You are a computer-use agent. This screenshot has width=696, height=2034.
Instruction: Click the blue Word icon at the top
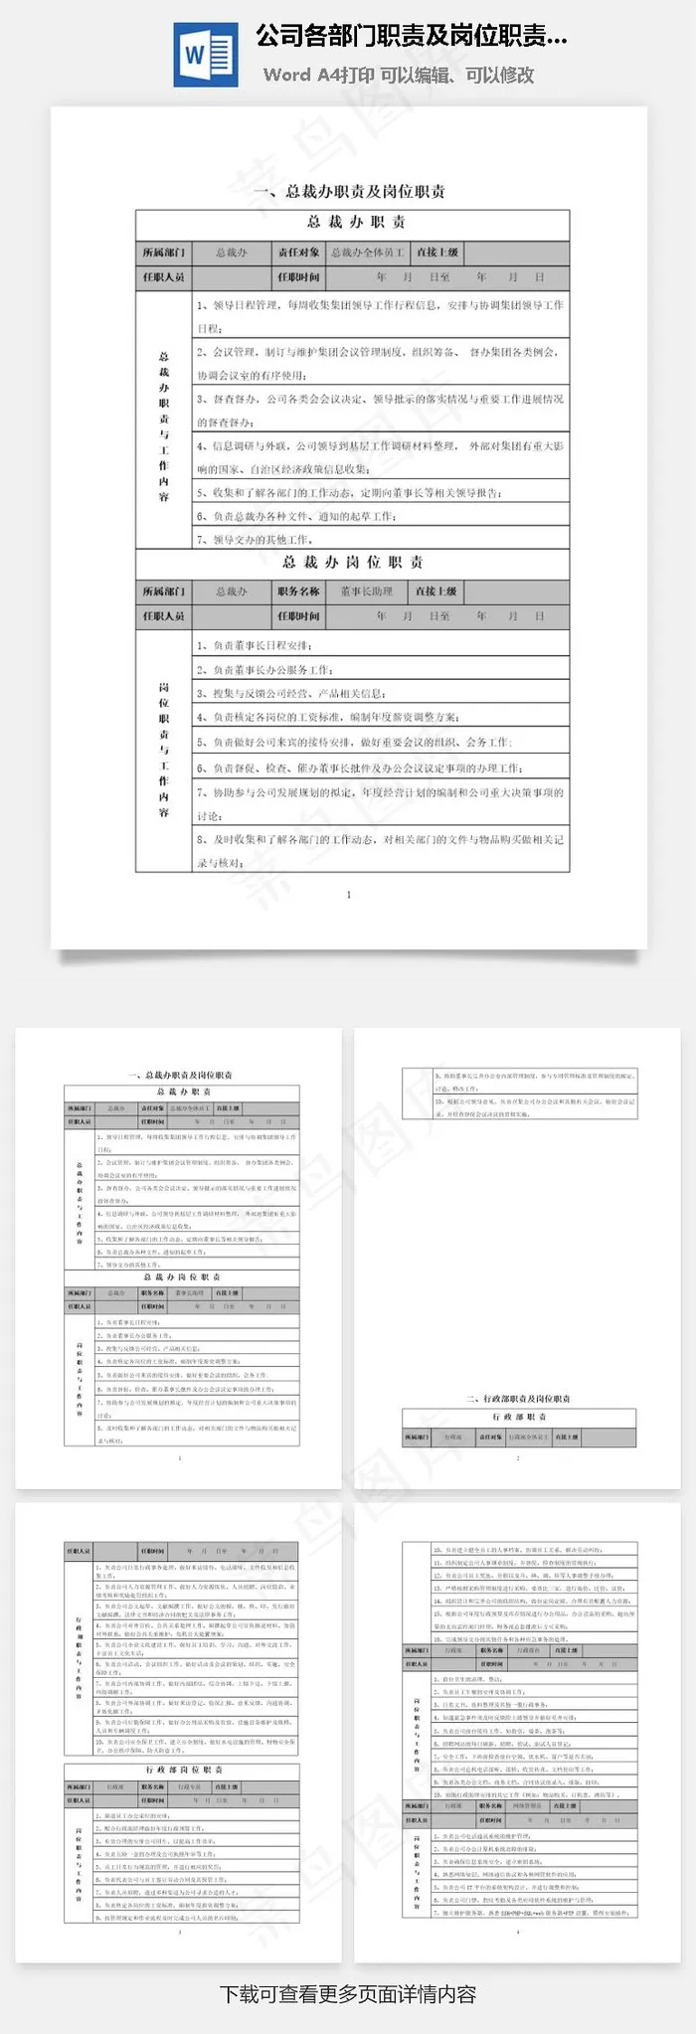[206, 55]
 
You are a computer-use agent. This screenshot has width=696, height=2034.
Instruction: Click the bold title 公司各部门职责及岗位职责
[412, 38]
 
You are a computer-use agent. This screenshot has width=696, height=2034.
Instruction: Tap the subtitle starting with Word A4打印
[399, 75]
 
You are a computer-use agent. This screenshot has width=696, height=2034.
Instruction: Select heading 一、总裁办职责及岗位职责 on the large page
[349, 191]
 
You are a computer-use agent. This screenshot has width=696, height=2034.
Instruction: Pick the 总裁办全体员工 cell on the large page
[368, 253]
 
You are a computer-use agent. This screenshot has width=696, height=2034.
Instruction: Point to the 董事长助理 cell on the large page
[367, 592]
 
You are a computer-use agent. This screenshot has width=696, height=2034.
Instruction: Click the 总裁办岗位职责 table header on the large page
[352, 563]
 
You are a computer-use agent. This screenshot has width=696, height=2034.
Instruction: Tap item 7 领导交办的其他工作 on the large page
[257, 540]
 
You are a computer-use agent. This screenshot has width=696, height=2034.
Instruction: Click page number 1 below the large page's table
[349, 895]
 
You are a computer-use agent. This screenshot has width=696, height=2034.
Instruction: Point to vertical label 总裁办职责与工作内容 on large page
[164, 425]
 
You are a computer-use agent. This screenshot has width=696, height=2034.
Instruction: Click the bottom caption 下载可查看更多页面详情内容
[348, 1994]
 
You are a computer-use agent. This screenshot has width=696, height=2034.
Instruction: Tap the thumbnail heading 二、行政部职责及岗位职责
[518, 1399]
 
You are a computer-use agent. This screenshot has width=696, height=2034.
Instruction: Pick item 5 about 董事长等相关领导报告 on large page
[348, 492]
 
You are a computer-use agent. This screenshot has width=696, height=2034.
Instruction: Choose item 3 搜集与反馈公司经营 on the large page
[291, 693]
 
